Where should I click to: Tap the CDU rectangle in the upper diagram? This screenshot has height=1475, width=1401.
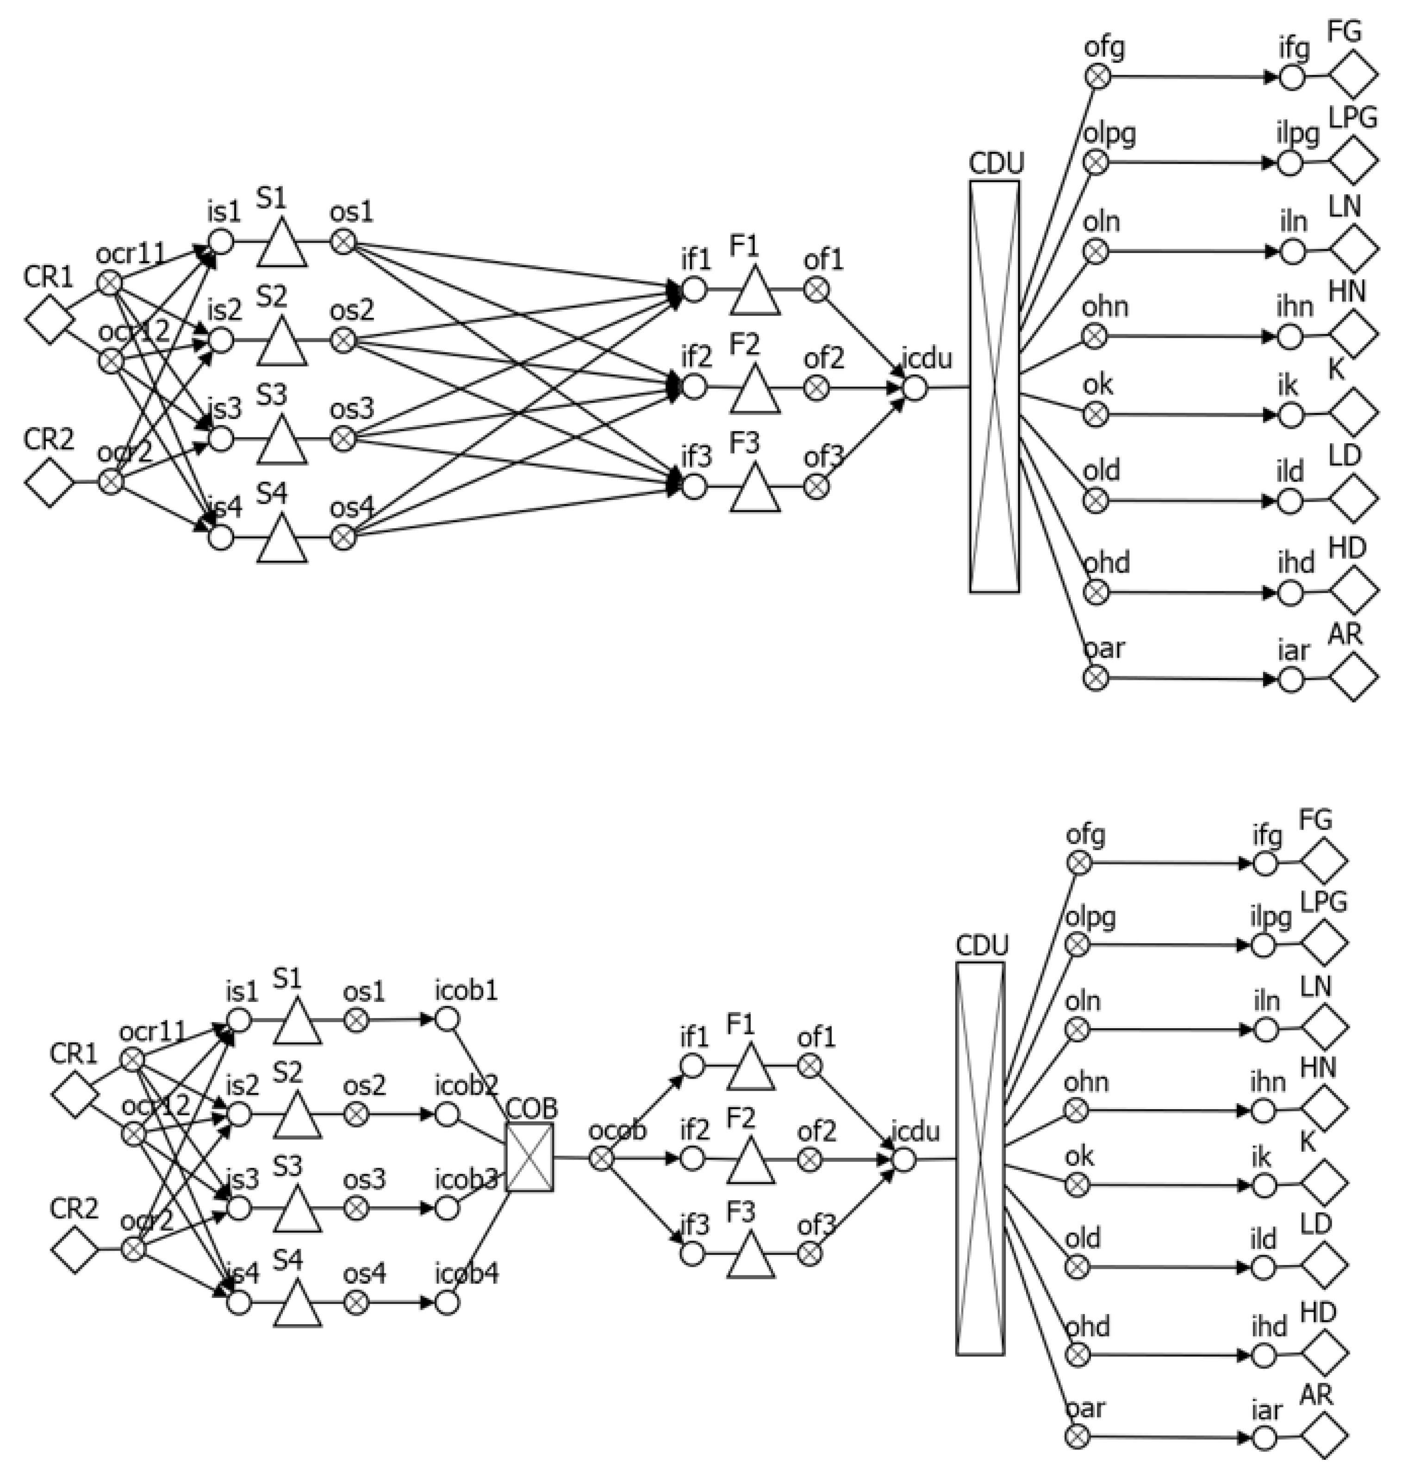click(x=994, y=387)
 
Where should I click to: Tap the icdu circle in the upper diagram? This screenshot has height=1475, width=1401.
click(x=915, y=388)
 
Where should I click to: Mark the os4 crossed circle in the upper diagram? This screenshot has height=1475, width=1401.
click(x=343, y=537)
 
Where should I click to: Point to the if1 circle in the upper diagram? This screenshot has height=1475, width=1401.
click(x=694, y=290)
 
